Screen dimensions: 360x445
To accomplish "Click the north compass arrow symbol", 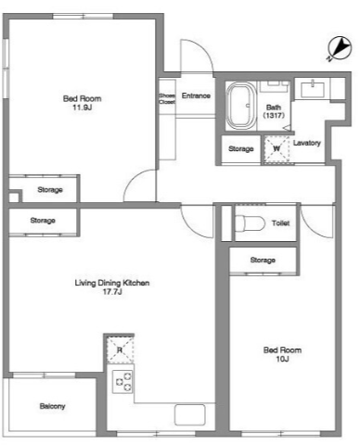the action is tap(340, 49).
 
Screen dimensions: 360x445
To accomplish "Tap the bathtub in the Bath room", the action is tap(241, 105).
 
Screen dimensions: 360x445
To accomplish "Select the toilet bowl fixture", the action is tap(250, 222).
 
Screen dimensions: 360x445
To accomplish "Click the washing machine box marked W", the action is tap(276, 149).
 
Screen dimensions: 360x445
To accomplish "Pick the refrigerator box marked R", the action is tap(120, 350).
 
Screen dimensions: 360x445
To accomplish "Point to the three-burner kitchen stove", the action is tap(122, 382).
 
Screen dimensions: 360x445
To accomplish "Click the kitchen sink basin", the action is tap(190, 414).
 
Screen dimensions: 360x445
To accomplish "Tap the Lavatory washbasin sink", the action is tap(313, 89).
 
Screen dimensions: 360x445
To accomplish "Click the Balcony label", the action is tap(53, 406).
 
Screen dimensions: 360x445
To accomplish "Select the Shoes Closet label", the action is tap(167, 98).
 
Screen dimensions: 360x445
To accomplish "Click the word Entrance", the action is tap(196, 95).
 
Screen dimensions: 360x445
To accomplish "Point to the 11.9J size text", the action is tap(83, 108).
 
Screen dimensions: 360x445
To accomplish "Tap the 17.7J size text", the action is tap(112, 291).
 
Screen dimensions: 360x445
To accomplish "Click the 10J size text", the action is tap(282, 359).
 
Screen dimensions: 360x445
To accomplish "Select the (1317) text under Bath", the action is tap(274, 115).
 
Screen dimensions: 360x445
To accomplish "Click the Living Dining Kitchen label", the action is tap(112, 283).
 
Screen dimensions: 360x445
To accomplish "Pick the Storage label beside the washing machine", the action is tap(241, 149).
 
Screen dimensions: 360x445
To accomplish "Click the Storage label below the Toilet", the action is tap(263, 261).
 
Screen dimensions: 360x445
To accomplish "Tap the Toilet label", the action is tap(281, 222).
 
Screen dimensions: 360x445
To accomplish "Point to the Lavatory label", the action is tap(307, 143).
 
